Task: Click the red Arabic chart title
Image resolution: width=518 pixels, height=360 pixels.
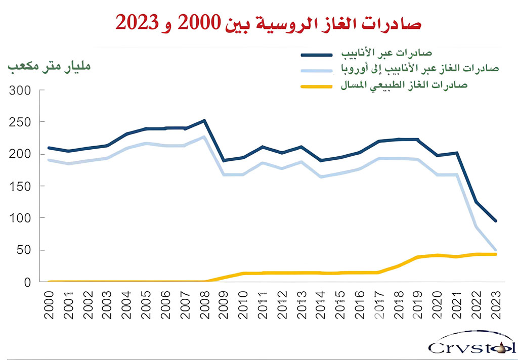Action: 268,23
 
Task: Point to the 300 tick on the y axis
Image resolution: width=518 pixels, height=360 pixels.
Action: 21,91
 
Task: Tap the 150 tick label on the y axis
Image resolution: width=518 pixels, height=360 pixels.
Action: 21,186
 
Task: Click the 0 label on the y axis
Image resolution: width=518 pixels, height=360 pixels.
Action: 28,282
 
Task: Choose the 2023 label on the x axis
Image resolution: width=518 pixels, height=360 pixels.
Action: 496,305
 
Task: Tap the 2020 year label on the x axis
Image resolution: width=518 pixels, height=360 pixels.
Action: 438,305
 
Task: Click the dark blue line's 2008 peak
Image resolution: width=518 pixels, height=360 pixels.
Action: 204,120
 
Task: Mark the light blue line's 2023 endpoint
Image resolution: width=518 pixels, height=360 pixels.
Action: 495,250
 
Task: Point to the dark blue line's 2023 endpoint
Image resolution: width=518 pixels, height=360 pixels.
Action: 495,221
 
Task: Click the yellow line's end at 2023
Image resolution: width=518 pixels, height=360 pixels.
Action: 495,254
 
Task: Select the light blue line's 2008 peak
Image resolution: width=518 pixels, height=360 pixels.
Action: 204,137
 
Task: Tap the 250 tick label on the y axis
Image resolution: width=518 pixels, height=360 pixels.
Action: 21,122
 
